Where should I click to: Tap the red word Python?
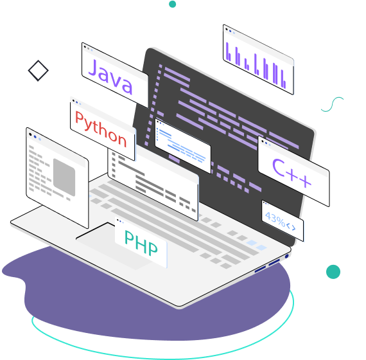tap(101, 129)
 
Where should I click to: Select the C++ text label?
tap(292, 173)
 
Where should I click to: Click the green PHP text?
tap(141, 242)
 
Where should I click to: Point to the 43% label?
tap(275, 219)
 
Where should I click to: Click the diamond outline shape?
tap(39, 71)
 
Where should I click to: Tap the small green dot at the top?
tap(172, 4)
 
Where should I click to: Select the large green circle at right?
tap(333, 272)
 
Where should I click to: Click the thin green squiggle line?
tap(332, 104)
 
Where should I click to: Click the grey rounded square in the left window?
tap(64, 177)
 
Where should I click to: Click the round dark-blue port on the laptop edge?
tap(287, 256)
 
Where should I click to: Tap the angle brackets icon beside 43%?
tap(291, 227)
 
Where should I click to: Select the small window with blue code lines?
tap(183, 146)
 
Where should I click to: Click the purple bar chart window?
tap(258, 60)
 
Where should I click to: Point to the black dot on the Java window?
tap(85, 47)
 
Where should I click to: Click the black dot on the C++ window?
tap(263, 141)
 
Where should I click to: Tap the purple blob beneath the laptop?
tap(150, 311)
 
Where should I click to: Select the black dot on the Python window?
tap(74, 101)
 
